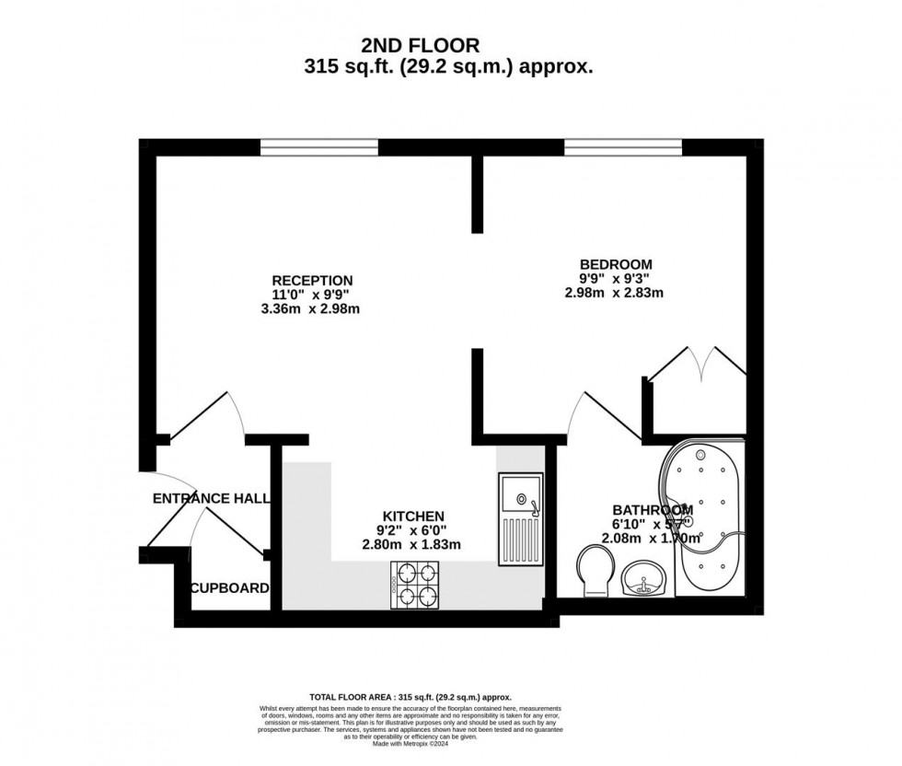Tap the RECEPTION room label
click(312, 280)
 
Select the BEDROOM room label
click(615, 264)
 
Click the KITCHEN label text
click(414, 516)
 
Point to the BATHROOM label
click(652, 510)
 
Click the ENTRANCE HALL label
click(211, 498)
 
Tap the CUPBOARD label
click(230, 588)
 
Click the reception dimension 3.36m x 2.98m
click(312, 309)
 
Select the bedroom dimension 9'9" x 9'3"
click(615, 279)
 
